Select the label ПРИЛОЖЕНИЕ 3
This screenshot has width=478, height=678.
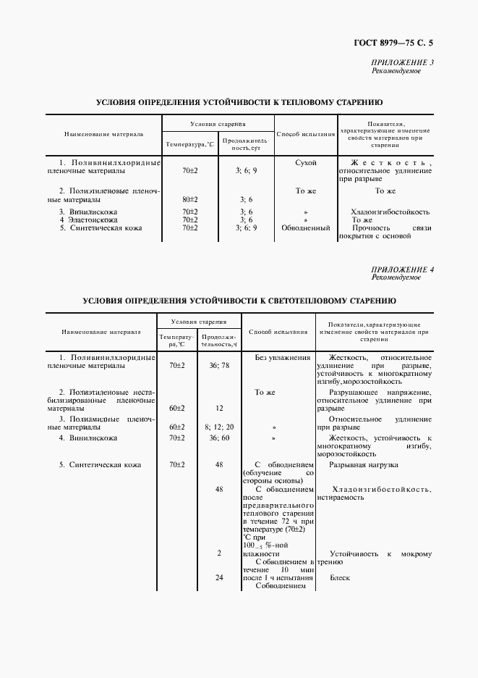click(402, 63)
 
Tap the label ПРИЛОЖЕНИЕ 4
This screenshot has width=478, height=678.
click(402, 269)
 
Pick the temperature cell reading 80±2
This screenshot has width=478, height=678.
click(190, 198)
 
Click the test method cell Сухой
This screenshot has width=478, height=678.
click(307, 163)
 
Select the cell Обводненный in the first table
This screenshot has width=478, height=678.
click(306, 227)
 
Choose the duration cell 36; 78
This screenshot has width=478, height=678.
click(218, 366)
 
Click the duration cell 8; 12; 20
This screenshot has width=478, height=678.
click(218, 427)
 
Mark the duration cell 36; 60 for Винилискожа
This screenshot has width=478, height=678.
click(218, 438)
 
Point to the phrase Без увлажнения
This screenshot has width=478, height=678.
click(283, 358)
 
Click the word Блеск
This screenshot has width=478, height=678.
click(340, 578)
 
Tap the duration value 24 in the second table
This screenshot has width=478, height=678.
click(218, 578)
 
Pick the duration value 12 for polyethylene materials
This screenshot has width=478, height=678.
click(218, 408)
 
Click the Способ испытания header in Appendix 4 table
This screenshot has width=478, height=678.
click(278, 332)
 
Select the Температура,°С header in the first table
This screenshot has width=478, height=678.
click(190, 145)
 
